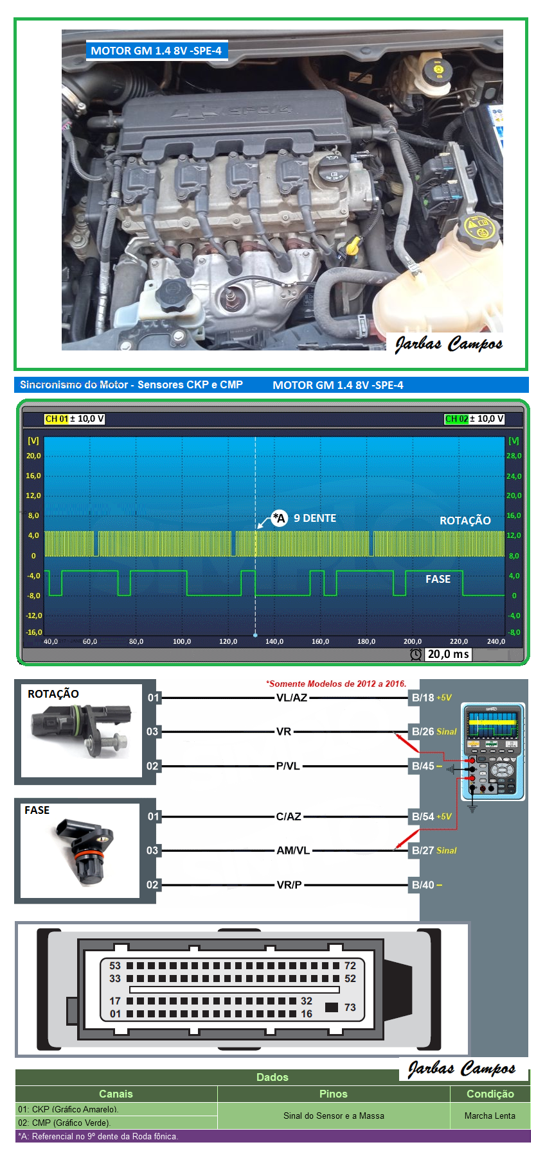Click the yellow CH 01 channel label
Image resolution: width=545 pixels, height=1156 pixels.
57,419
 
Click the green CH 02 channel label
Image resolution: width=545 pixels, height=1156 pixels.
456,419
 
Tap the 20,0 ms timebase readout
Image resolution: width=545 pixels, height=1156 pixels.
448,654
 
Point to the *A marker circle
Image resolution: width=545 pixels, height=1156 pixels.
279,518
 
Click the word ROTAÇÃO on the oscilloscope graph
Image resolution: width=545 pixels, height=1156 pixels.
465,521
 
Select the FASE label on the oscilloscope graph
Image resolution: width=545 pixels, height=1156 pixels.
438,579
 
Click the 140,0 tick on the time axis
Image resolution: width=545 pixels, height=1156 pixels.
274,641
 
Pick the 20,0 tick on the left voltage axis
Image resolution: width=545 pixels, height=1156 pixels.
33,456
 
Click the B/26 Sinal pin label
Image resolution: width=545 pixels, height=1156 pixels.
434,732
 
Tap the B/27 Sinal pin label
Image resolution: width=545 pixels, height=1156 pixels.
434,850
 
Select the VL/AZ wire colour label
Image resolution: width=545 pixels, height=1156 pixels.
292,698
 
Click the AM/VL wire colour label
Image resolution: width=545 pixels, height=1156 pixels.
293,850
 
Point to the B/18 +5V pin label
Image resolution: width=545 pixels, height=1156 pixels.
431,698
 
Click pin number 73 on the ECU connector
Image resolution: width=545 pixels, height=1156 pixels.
350,1007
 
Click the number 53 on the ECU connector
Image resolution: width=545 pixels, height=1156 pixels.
115,965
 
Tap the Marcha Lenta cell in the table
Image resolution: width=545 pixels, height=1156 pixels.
490,1116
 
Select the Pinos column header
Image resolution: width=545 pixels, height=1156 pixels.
333,1094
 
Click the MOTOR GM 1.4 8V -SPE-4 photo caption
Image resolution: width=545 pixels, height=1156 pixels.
156,51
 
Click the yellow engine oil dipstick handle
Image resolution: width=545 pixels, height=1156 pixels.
352,245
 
